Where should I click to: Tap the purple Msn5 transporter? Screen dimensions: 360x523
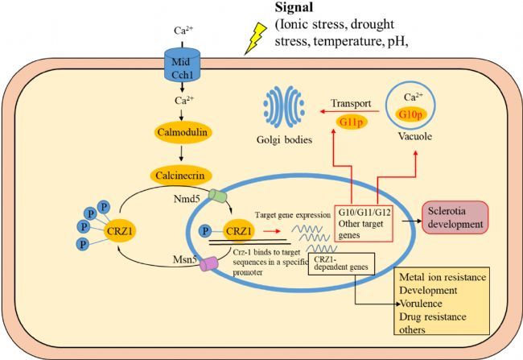[213, 264]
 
